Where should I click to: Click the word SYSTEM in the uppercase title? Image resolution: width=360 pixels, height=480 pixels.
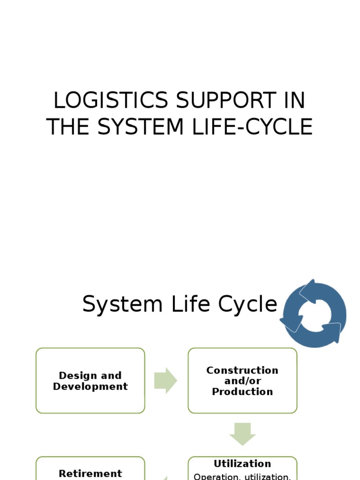pyautogui.click(x=149, y=127)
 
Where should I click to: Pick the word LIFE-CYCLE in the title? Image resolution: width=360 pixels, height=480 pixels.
pyautogui.click(x=259, y=127)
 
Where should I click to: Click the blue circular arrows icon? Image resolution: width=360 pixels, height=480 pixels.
pyautogui.click(x=313, y=314)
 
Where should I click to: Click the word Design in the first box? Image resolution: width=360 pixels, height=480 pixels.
pyautogui.click(x=75, y=375)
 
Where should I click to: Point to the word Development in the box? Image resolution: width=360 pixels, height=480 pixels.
pyautogui.click(x=90, y=387)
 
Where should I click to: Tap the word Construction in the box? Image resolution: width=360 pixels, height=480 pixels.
pyautogui.click(x=242, y=370)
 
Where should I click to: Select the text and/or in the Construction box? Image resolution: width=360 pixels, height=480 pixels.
pyautogui.click(x=242, y=381)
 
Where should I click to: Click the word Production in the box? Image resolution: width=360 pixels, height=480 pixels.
pyautogui.click(x=242, y=392)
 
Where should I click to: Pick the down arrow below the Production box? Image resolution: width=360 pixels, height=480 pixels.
pyautogui.click(x=242, y=434)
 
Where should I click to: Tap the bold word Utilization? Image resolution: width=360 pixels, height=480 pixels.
pyautogui.click(x=242, y=464)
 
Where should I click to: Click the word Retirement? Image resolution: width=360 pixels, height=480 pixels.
pyautogui.click(x=90, y=473)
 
